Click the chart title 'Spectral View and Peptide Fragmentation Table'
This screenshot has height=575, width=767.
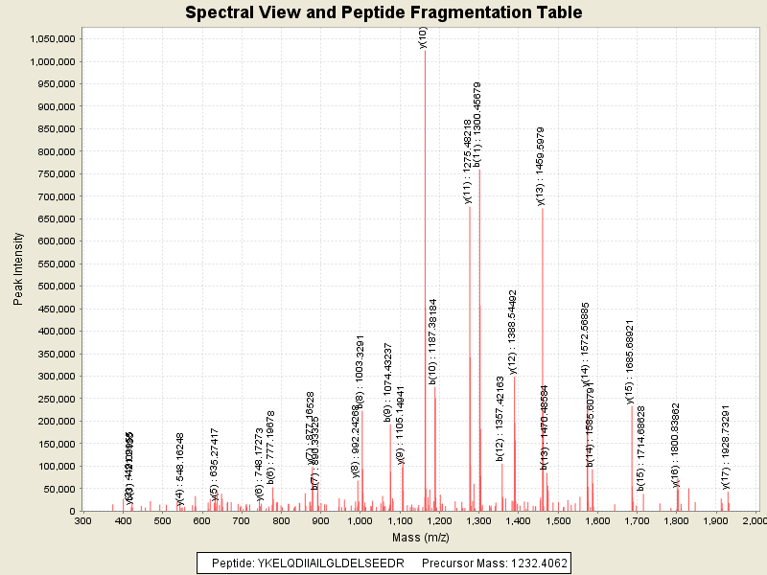click(383, 12)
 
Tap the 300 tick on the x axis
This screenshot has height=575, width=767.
click(83, 520)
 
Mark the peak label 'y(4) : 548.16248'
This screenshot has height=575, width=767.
click(179, 469)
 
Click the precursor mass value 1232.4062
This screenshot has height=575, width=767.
click(532, 563)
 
